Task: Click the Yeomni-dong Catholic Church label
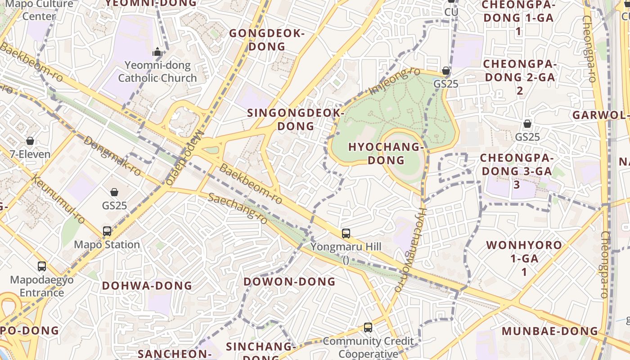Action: (157, 72)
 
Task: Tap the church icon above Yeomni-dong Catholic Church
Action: (157, 52)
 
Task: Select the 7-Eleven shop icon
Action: (30, 141)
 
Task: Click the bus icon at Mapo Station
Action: (107, 231)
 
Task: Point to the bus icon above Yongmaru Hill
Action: (346, 234)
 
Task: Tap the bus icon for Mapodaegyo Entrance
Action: (42, 266)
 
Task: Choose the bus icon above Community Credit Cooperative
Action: (368, 328)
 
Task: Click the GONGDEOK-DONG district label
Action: (267, 40)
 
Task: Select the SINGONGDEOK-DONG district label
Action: (296, 119)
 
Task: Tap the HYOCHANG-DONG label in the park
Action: (386, 153)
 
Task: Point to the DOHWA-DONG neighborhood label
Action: (147, 286)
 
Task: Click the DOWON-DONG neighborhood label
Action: (290, 282)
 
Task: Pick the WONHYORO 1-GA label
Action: (524, 258)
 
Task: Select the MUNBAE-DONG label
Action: (550, 331)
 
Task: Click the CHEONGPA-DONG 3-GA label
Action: (516, 171)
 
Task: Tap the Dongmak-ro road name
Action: (112, 156)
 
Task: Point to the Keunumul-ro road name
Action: (59, 199)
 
